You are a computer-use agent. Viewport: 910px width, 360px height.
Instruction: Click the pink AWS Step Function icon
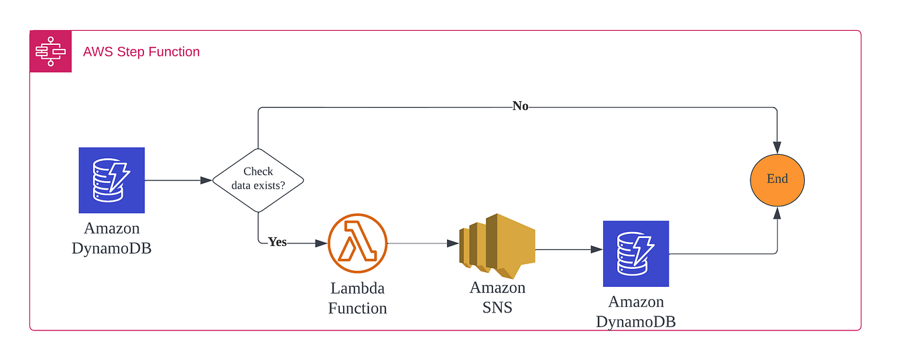[x=50, y=52]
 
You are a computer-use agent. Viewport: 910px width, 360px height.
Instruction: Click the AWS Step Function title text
[x=141, y=52]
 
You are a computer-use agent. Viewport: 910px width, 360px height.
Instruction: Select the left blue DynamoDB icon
[x=112, y=180]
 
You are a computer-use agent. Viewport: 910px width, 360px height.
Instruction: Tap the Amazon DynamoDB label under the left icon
[x=112, y=239]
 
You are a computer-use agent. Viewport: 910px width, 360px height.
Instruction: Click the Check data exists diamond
[x=258, y=180]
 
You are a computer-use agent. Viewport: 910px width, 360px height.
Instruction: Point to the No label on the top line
[x=520, y=106]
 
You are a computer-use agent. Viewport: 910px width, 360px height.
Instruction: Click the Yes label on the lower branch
[x=277, y=242]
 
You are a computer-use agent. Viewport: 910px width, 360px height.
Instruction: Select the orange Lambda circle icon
[x=357, y=243]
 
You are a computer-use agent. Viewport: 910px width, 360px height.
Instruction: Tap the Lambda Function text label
[x=357, y=298]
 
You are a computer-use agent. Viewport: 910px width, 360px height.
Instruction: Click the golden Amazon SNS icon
[x=497, y=245]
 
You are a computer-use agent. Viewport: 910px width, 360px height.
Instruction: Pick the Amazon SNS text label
[x=497, y=298]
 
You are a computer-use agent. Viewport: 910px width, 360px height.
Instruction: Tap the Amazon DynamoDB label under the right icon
[x=636, y=312]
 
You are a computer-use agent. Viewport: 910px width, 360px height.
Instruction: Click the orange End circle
[x=777, y=180]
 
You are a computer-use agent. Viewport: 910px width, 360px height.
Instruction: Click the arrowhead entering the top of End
[x=777, y=148]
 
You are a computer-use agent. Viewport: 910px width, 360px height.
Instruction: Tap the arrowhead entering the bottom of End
[x=777, y=213]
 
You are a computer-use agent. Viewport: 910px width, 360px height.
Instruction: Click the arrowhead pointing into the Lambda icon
[x=322, y=243]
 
